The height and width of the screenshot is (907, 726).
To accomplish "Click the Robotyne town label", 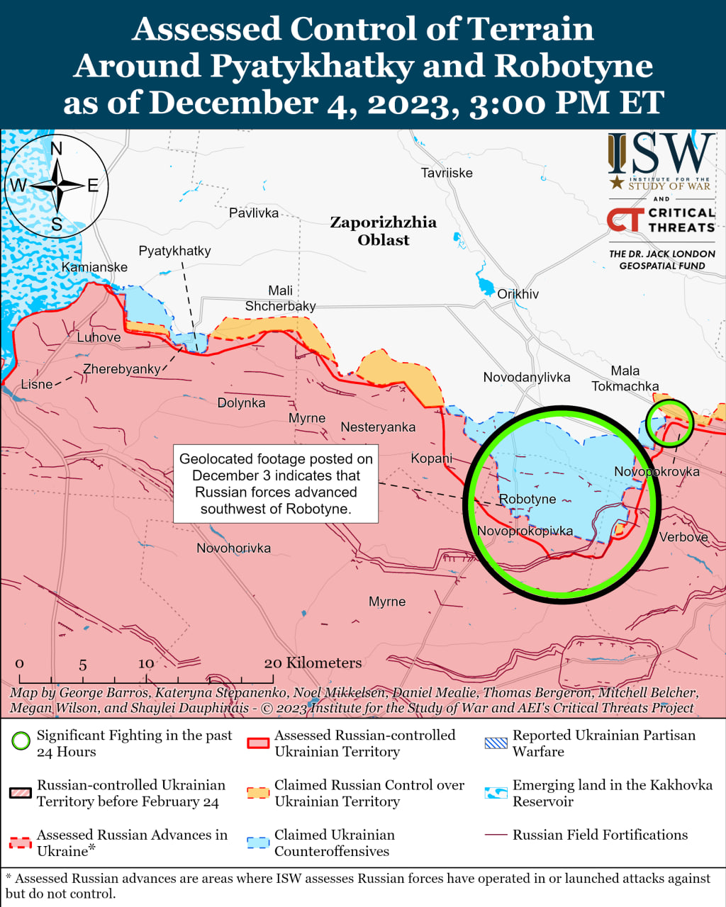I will click(x=527, y=499).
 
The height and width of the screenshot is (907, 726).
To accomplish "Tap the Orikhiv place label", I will click(x=518, y=294).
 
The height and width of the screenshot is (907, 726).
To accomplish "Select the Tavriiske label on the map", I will click(x=446, y=173).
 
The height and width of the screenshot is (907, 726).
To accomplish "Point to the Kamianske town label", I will click(x=94, y=267).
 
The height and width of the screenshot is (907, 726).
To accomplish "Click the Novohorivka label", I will click(x=233, y=548).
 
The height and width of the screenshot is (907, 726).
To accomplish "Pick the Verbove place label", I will click(x=683, y=537).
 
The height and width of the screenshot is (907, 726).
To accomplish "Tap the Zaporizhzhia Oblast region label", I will click(x=383, y=231).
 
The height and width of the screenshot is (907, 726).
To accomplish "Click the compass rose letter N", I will click(x=57, y=148).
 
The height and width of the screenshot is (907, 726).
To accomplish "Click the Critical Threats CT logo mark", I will click(x=625, y=220).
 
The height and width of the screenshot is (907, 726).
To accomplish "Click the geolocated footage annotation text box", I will click(x=276, y=484).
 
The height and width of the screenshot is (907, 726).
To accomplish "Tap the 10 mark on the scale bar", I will click(x=145, y=663).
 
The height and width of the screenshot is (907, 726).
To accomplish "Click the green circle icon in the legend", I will click(x=21, y=742).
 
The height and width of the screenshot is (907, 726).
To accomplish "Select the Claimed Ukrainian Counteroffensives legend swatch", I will click(x=258, y=843).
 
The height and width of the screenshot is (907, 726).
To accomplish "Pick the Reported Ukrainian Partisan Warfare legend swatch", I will click(x=496, y=743).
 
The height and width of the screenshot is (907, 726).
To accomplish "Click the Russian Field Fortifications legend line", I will click(x=496, y=835).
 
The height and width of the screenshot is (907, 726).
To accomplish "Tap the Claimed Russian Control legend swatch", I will click(x=258, y=793).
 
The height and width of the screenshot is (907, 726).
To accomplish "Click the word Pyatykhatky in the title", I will click(x=312, y=66).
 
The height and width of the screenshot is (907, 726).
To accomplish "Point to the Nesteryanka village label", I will click(x=378, y=427).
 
